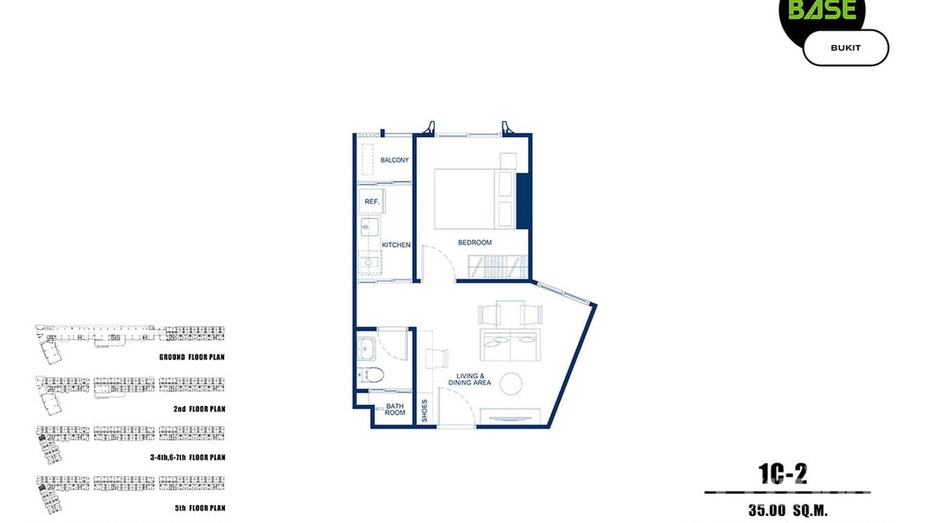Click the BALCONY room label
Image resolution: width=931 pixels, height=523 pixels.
point(394,160)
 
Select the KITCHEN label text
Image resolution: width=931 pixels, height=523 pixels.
point(396,245)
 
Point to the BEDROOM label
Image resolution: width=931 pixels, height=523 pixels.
point(475,243)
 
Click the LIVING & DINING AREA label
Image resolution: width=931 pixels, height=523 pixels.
point(470,379)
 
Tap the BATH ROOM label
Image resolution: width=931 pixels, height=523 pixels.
point(395,409)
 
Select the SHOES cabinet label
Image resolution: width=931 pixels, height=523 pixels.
point(425,411)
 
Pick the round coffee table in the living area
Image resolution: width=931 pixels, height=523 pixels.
point(511,384)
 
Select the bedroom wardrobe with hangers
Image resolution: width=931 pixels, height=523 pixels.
point(497,266)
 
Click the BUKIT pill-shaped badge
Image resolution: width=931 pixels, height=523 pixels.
point(845,48)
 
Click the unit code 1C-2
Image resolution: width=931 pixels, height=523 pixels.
point(783,474)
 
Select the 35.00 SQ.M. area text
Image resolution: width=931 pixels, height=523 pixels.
point(788,511)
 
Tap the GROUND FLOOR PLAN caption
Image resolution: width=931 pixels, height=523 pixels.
point(191,357)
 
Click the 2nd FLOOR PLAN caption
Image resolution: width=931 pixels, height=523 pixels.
point(199,409)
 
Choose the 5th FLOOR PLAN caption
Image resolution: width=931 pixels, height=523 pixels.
point(200,508)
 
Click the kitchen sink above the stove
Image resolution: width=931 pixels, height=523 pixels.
point(369,227)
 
